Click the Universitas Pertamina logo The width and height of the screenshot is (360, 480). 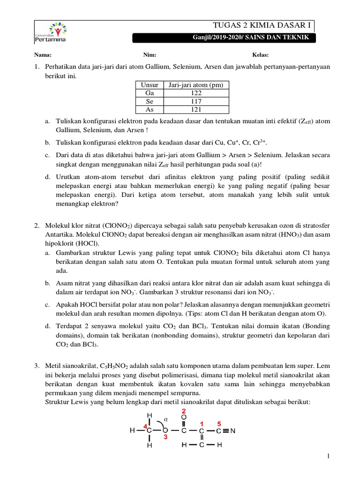coord(50,31)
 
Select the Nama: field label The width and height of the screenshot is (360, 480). coord(43,55)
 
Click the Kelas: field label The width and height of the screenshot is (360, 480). coord(260,55)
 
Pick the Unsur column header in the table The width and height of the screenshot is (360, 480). coord(150,85)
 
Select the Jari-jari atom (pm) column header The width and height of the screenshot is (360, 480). coord(196,85)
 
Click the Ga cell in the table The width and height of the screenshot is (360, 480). coord(150,93)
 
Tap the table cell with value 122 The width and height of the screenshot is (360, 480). coord(196,93)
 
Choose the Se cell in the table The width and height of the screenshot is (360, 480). coord(150,101)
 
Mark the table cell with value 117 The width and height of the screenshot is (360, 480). coord(196,101)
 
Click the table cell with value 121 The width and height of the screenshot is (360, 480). coord(196,109)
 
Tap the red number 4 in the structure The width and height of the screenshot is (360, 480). coord(145,426)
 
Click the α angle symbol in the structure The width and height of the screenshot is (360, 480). coord(165,419)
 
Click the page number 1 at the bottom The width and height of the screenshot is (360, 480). coord(329,456)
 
